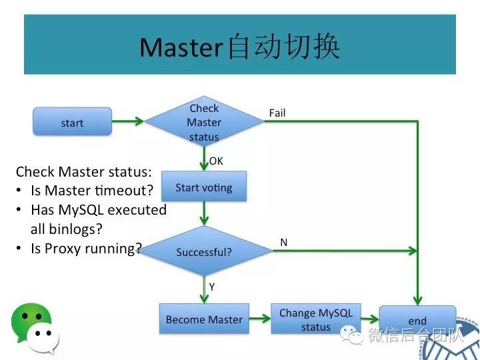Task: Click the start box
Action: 72,123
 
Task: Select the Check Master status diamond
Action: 204,123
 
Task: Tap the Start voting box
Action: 204,187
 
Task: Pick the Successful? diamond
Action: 204,253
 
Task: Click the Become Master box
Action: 204,319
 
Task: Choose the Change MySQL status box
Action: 315,319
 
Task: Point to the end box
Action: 417,321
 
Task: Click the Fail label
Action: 277,113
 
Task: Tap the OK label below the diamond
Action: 216,161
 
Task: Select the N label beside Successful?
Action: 284,243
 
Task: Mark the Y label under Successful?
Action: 212,286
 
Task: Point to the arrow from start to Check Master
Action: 128,121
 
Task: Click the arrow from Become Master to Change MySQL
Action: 260,319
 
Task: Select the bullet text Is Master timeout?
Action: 92,191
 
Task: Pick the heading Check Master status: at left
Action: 84,171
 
